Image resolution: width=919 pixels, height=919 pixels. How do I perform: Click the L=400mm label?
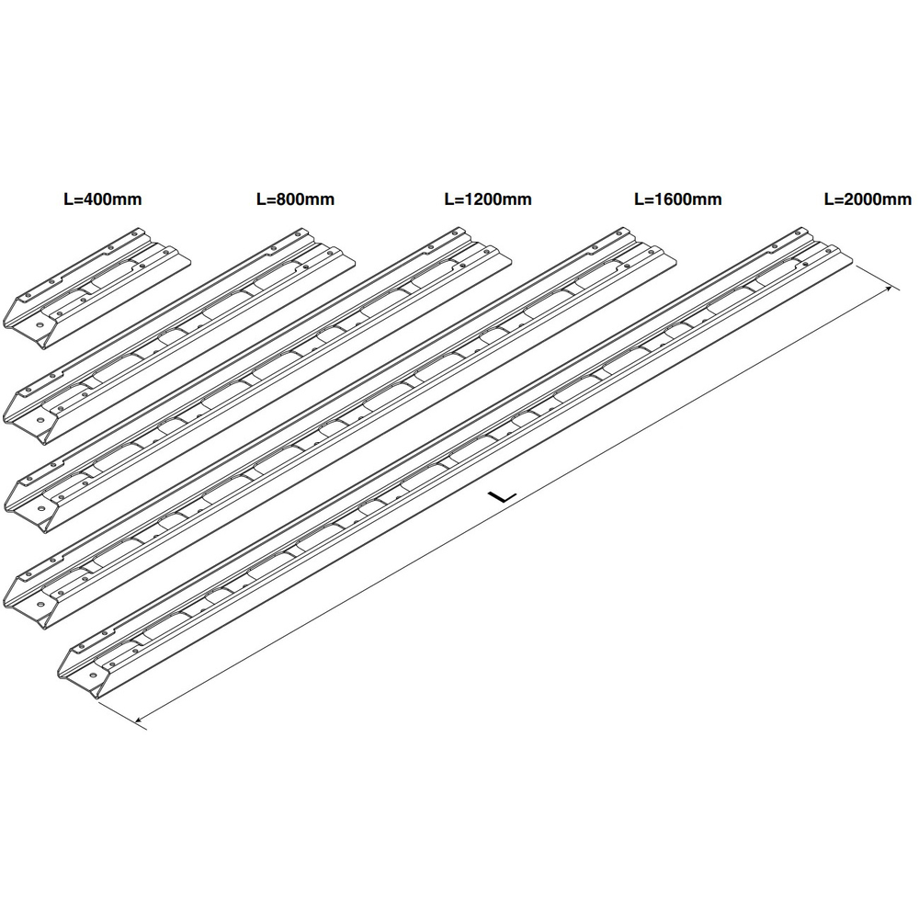pos(103,199)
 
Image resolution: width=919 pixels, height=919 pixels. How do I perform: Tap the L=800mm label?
pos(295,199)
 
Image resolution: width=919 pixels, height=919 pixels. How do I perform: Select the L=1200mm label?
pos(488,199)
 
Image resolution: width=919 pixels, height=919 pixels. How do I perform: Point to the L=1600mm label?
pos(678,199)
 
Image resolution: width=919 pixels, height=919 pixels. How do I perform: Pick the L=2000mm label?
pos(868,199)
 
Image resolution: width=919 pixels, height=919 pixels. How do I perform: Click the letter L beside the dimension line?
pos(503,497)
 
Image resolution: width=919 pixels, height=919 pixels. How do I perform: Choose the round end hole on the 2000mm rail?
pos(92,675)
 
